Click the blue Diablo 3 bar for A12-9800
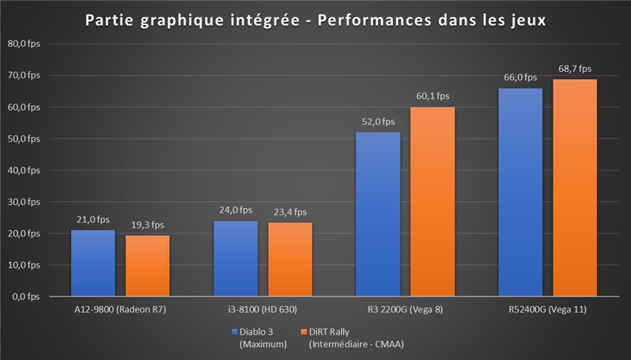click(x=93, y=263)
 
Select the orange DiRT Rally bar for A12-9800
click(x=147, y=266)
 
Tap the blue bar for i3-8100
click(x=235, y=258)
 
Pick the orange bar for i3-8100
click(x=289, y=260)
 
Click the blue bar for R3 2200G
click(x=378, y=214)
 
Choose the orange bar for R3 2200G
click(x=433, y=201)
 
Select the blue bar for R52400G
click(x=520, y=191)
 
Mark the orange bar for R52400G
click(x=575, y=188)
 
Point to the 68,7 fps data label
click(x=575, y=69)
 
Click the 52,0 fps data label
click(x=378, y=122)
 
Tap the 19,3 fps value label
click(x=147, y=225)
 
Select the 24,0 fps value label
click(x=235, y=210)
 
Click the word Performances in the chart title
click(x=368, y=18)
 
